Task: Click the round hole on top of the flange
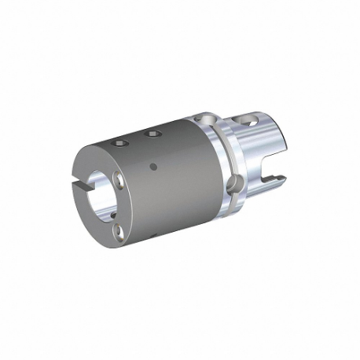click(207, 119)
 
